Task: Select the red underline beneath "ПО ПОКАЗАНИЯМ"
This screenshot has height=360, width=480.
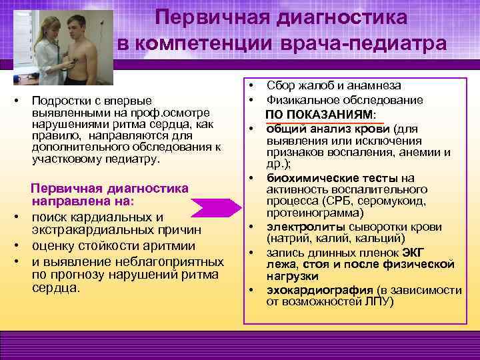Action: coord(324,123)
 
